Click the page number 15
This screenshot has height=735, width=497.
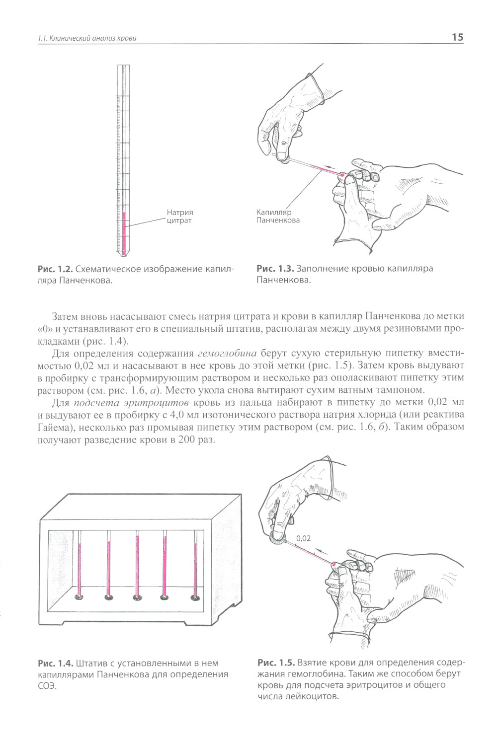pos(457,37)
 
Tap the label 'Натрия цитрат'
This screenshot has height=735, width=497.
pos(179,217)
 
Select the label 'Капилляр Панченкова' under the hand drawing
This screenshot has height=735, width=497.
pos(278,216)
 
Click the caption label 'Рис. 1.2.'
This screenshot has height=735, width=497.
pos(56,269)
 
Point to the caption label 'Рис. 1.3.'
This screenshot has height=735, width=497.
pos(275,269)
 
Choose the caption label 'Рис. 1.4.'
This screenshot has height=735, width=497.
pos(56,663)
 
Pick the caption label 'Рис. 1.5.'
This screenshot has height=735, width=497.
pos(276,662)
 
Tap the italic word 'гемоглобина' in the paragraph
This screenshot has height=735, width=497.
pos(227,354)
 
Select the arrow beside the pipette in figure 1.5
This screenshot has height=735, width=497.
pos(321,552)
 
